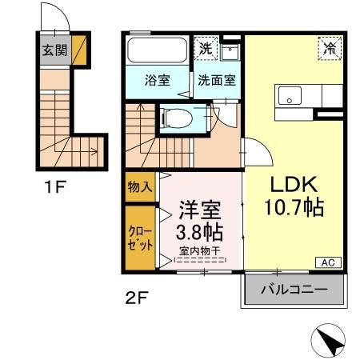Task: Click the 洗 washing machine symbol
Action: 206,49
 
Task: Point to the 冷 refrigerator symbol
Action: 329,48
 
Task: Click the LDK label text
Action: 293,182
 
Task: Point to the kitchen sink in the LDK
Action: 288,96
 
